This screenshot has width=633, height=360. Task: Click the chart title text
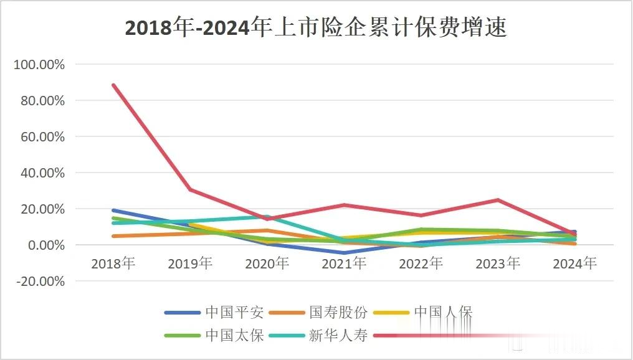(x=316, y=28)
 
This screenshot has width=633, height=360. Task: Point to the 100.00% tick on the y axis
(x=39, y=65)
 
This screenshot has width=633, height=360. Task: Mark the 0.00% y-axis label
(x=44, y=245)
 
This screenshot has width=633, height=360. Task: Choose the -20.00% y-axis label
(x=39, y=282)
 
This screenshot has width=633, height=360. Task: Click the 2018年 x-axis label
(x=113, y=263)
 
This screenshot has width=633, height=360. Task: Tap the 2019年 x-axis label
(x=190, y=263)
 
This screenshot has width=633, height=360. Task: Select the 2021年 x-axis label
(x=344, y=263)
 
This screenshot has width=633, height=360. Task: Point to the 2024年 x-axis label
(x=574, y=263)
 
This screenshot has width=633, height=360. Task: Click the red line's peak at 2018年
(x=113, y=85)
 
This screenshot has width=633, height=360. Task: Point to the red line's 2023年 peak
(x=498, y=200)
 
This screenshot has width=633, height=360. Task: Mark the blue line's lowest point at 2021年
(x=344, y=253)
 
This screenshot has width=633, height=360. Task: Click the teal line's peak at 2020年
(x=267, y=217)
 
